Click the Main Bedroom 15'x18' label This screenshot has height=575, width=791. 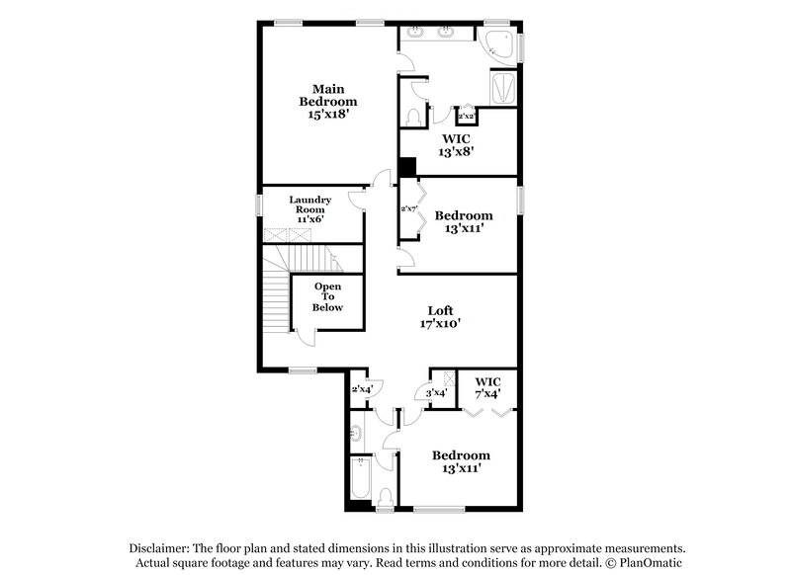click(x=328, y=101)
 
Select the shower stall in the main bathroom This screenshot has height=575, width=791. click(x=503, y=88)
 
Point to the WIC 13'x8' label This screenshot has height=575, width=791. click(x=456, y=145)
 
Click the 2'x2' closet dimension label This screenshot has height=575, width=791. click(x=467, y=117)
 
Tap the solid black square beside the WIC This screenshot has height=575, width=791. click(x=406, y=169)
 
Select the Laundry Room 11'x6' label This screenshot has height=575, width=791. click(x=309, y=208)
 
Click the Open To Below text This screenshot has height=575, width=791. click(x=328, y=296)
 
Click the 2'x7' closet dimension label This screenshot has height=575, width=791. click(x=407, y=208)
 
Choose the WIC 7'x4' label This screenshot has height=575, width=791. click(x=487, y=387)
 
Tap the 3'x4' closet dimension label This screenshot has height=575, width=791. click(x=436, y=393)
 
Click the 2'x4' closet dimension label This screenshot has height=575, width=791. click(x=361, y=389)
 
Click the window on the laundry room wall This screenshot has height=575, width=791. click(x=259, y=205)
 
